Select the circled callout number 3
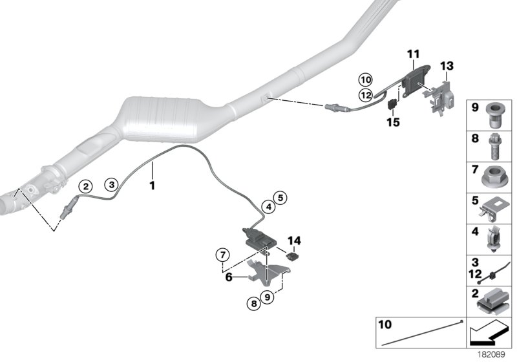(112, 184)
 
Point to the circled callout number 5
(279, 197)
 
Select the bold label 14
(295, 240)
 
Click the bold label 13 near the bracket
(448, 66)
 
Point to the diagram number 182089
(493, 354)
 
